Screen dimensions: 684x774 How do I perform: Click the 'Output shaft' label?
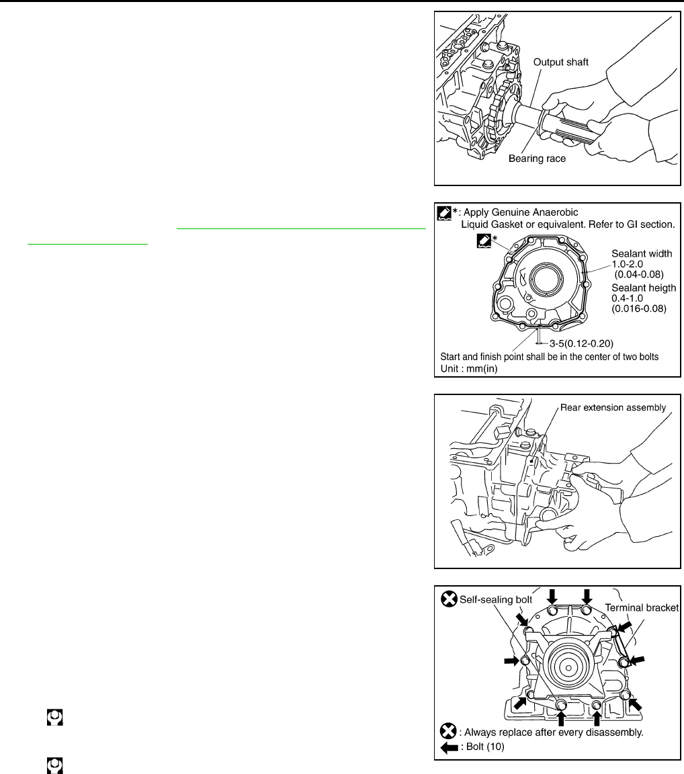coord(561,62)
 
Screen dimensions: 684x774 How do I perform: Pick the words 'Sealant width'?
coord(642,254)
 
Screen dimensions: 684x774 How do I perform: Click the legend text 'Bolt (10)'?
coord(490,746)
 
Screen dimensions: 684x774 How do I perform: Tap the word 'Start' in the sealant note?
coord(452,356)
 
